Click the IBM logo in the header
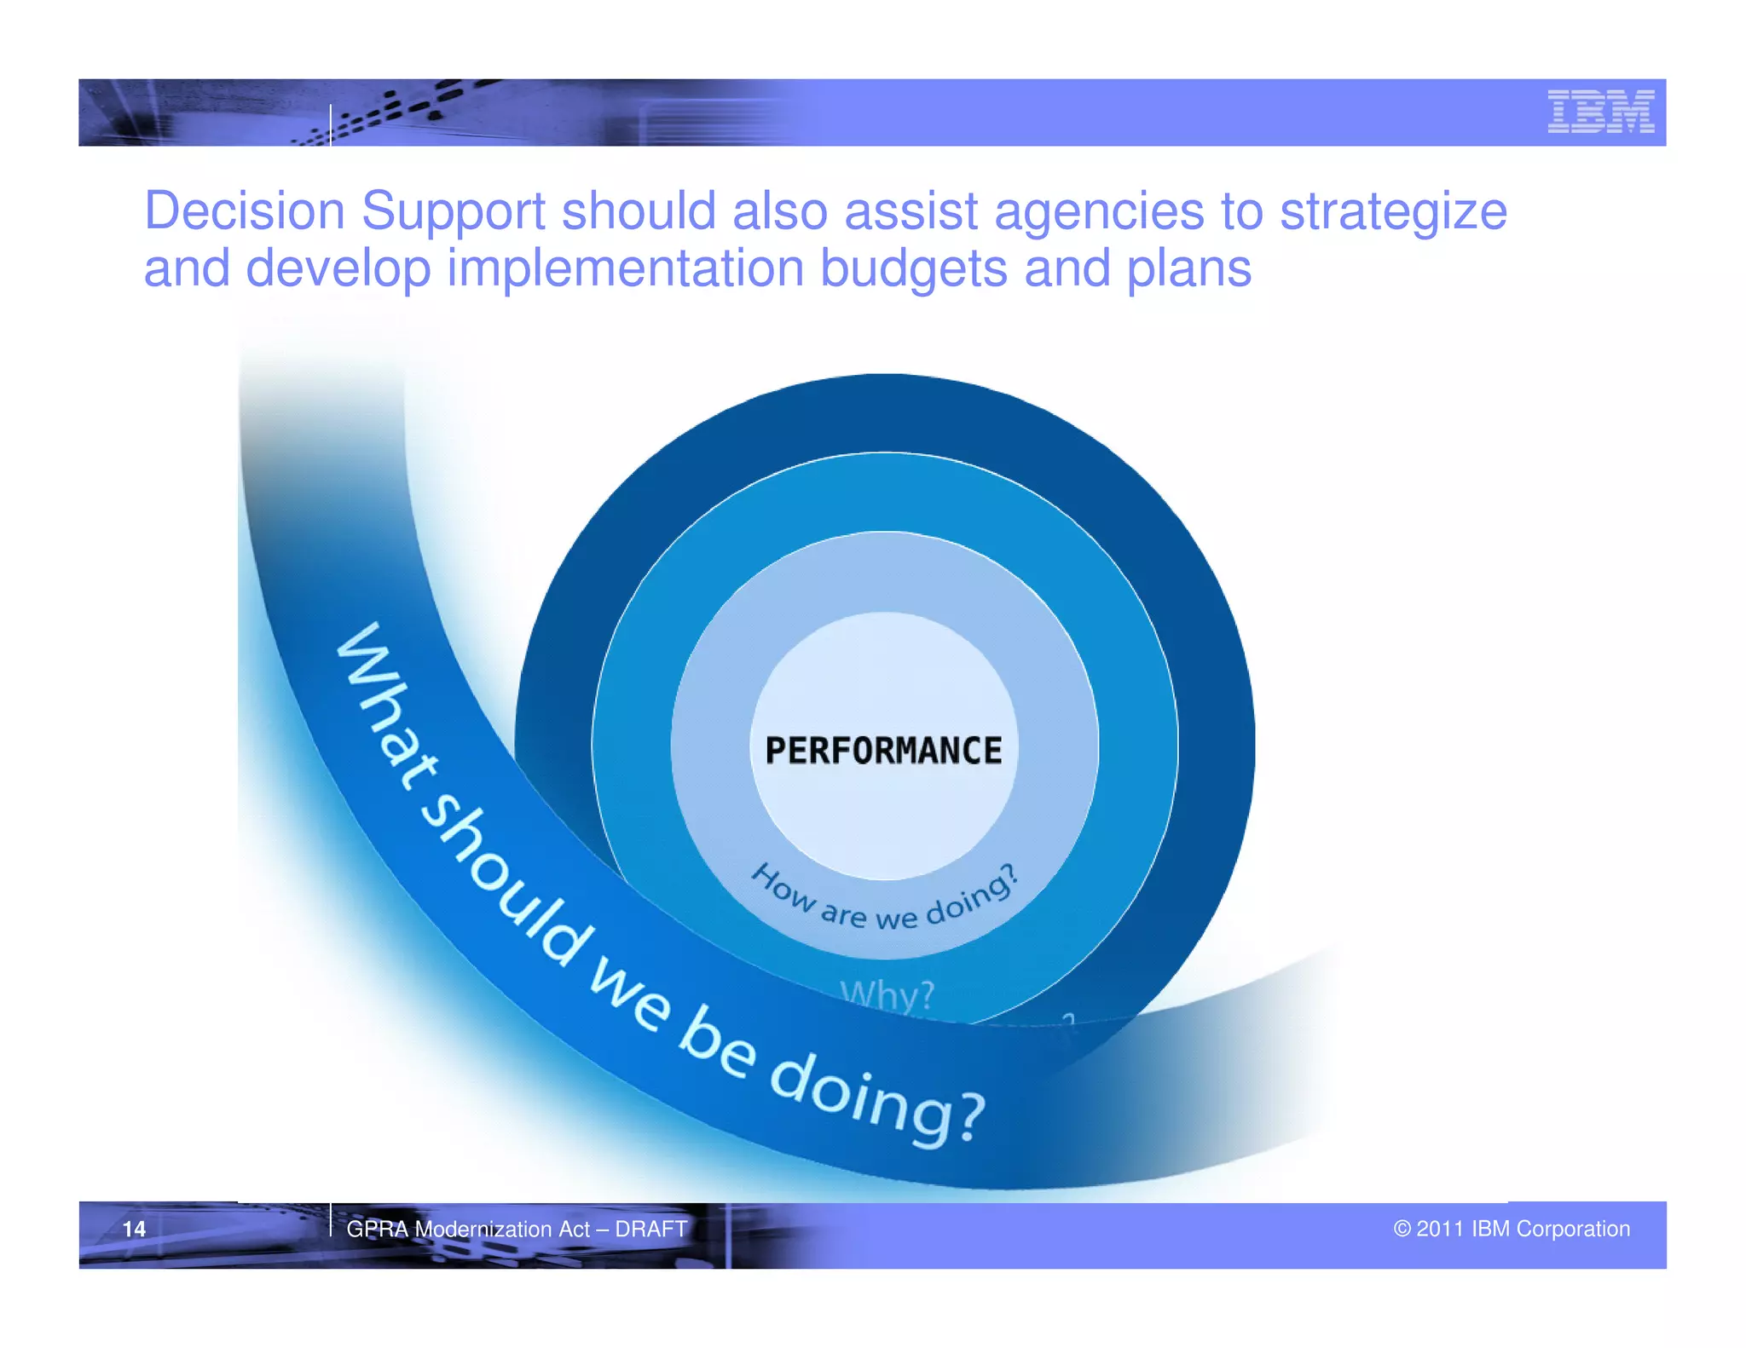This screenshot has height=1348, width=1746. click(1600, 112)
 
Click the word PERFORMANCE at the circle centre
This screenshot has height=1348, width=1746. click(883, 751)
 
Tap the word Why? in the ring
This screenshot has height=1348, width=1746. click(887, 994)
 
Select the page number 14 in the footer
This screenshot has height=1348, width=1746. click(134, 1229)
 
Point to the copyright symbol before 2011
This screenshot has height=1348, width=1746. click(1402, 1229)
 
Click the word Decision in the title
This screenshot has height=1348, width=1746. click(244, 210)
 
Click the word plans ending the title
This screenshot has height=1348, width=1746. click(1188, 270)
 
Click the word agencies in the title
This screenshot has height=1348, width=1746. click(1099, 210)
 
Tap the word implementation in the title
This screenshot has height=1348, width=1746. click(625, 268)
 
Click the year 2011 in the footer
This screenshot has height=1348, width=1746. click(1440, 1229)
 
